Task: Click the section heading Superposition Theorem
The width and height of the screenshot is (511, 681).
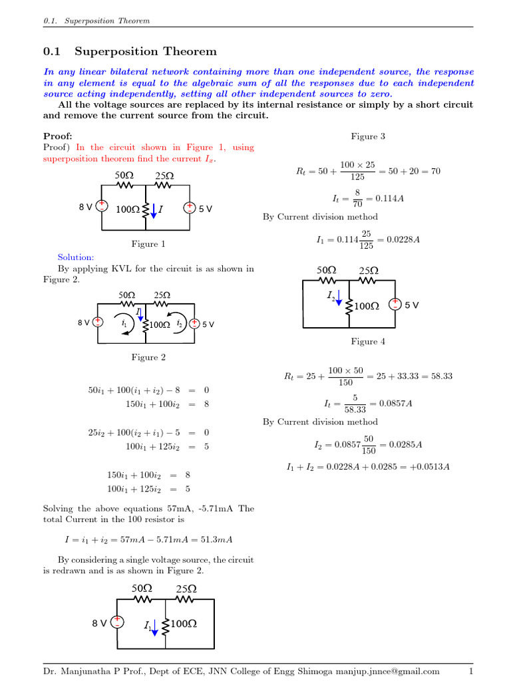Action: [145, 51]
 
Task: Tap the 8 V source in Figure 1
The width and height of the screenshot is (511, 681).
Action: [102, 207]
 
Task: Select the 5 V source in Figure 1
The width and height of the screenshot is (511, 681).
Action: [190, 207]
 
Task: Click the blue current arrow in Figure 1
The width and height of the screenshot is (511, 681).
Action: [154, 210]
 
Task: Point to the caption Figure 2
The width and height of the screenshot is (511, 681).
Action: [148, 357]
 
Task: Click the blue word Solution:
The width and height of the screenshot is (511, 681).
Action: [76, 257]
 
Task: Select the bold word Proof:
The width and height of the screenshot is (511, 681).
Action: [57, 136]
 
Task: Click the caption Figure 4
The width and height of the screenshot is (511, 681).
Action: [368, 342]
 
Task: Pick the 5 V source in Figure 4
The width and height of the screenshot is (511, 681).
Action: [395, 305]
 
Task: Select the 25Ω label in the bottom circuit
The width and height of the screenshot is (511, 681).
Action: [186, 589]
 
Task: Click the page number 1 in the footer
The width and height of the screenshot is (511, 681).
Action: [470, 671]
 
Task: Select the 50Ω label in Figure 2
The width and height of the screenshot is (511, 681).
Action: [126, 295]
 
